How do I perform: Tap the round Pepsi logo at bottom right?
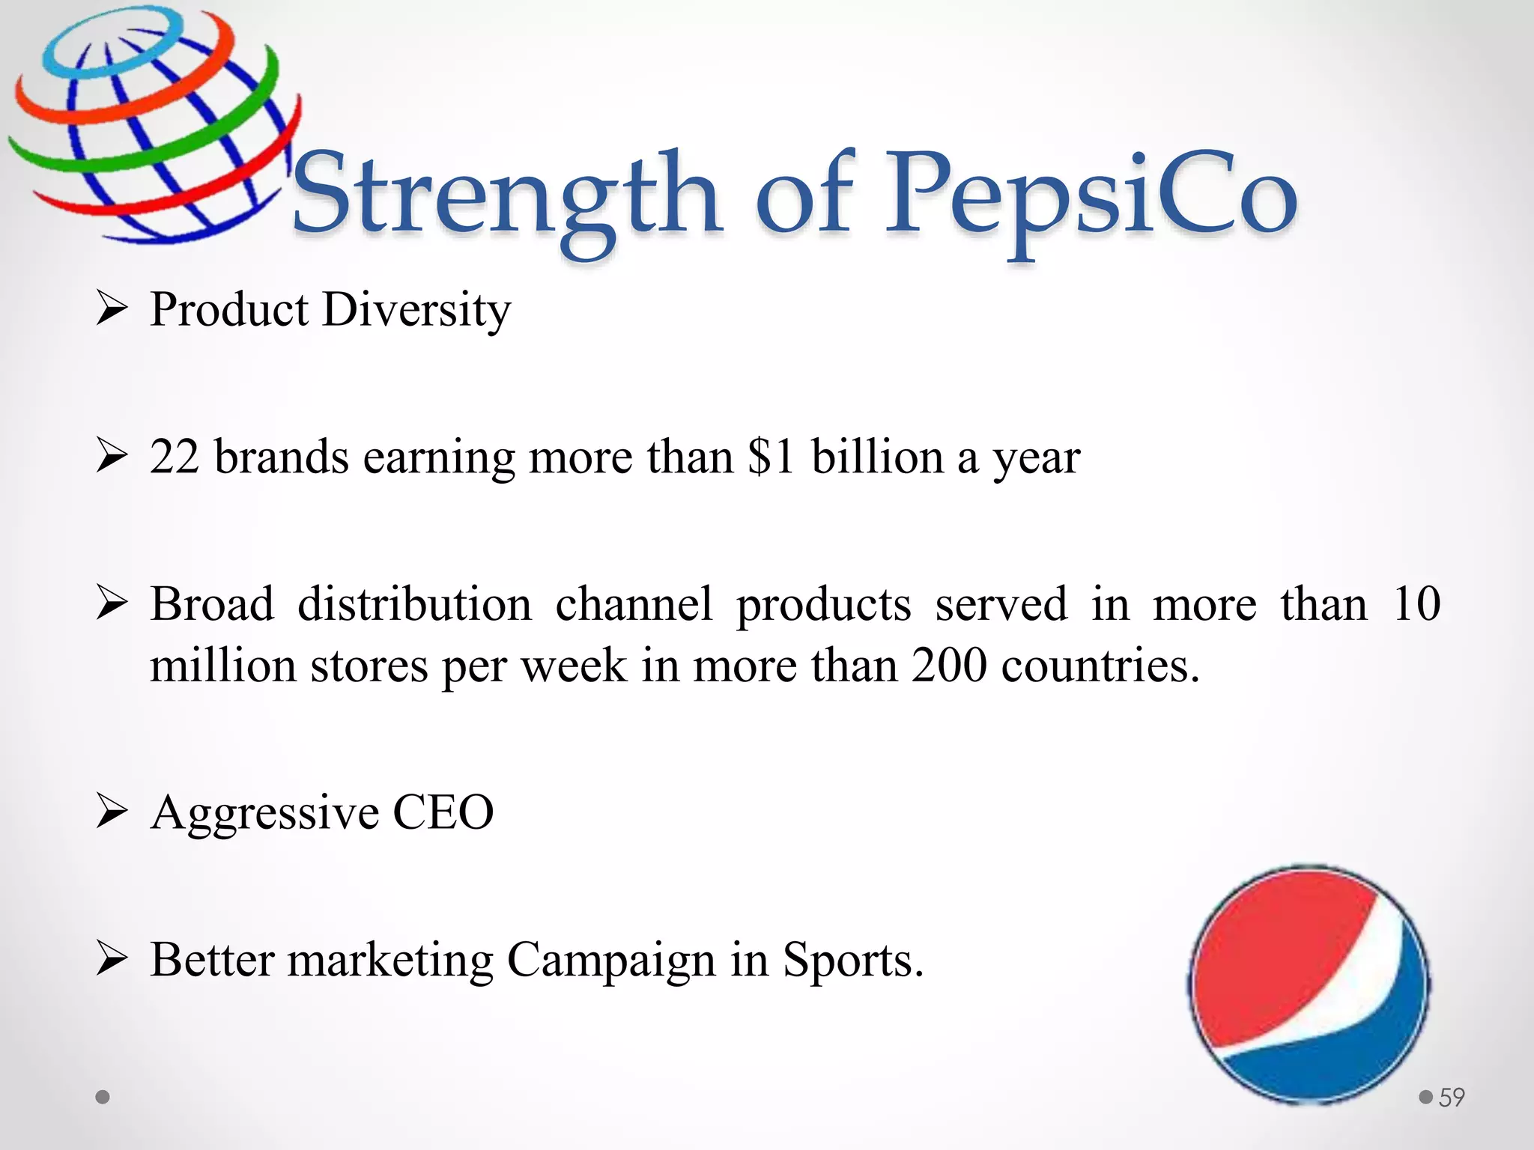[1309, 984]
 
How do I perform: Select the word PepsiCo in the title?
[1091, 196]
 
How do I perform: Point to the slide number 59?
[1452, 1098]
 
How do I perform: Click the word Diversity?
[416, 309]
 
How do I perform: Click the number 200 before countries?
[949, 665]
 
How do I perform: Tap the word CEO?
[443, 812]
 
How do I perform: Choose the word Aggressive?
[264, 813]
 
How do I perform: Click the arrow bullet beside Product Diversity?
[112, 309]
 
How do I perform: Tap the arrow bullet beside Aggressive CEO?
[112, 812]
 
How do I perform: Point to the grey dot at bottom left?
[103, 1098]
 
